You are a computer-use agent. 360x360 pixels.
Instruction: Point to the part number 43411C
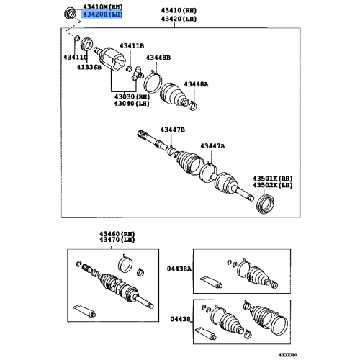[75, 57]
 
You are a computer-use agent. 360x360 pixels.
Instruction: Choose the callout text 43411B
[132, 46]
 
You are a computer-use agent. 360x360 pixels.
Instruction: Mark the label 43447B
[173, 129]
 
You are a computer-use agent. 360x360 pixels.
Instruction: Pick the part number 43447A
[213, 146]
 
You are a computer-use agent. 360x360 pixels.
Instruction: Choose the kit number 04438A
[180, 267]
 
